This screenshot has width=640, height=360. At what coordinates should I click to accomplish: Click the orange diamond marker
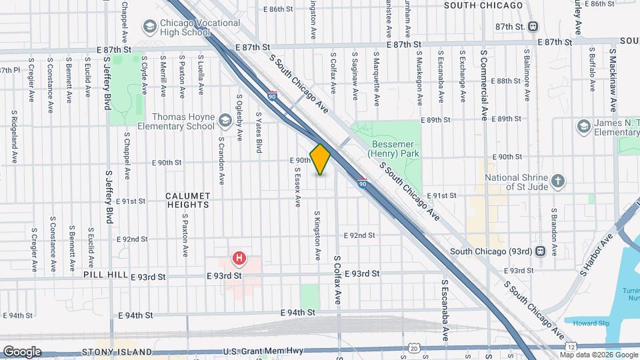321,159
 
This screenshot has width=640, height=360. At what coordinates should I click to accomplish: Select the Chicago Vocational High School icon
150,27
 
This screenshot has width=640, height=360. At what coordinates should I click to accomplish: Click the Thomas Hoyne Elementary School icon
225,121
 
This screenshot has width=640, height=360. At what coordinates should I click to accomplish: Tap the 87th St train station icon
533,26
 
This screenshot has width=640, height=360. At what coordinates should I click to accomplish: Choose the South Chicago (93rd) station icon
541,251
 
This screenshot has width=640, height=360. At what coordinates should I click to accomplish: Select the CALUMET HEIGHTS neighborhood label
189,201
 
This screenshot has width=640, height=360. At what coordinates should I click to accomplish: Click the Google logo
22,351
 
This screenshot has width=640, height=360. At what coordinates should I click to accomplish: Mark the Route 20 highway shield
415,348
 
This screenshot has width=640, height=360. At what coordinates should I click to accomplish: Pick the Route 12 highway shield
572,348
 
